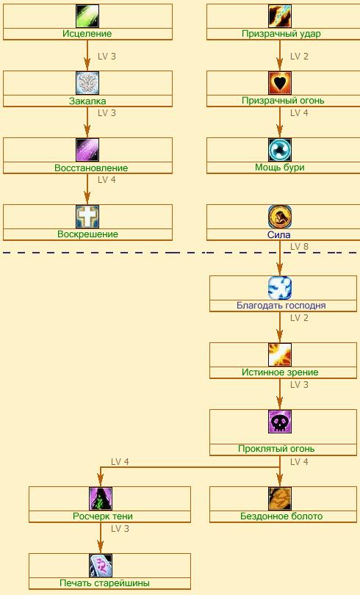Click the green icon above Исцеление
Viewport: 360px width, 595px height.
coord(87,16)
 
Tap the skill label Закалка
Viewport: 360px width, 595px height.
coord(87,101)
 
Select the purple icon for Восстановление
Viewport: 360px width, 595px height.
coord(87,150)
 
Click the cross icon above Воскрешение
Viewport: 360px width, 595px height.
coord(87,217)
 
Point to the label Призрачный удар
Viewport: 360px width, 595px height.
coord(281,34)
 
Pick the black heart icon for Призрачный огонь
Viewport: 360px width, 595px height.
coord(280,83)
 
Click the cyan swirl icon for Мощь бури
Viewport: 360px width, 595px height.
coord(280,150)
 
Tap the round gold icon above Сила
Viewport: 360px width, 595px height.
coord(280,217)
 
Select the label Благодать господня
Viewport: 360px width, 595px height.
coord(281,306)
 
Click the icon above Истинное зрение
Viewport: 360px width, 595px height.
coord(280,355)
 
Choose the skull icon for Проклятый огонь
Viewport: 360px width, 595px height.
coord(280,422)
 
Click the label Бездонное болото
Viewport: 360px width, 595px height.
coord(281,516)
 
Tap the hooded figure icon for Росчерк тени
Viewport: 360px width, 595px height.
coord(101,499)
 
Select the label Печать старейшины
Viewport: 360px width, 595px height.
coord(105,583)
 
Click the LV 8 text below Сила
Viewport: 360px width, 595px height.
coord(299,247)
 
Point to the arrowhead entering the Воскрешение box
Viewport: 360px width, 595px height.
coord(87,200)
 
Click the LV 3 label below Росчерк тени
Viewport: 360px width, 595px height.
coord(120,529)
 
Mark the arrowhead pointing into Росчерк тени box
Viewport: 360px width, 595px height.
coord(101,482)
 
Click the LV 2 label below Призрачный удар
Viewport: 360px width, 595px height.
coord(299,57)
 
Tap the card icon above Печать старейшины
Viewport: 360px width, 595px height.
coord(101,566)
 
